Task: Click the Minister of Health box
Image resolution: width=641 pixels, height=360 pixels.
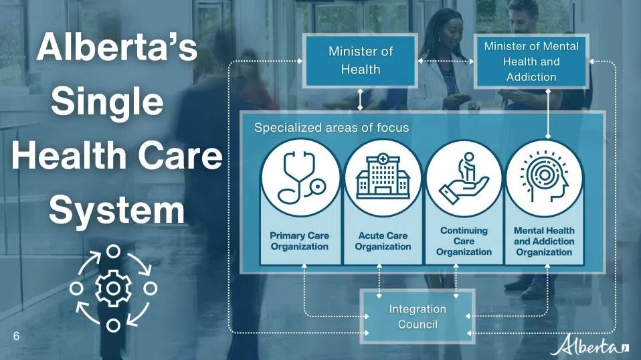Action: (x=360, y=60)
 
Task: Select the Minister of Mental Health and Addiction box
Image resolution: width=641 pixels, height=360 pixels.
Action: (x=531, y=62)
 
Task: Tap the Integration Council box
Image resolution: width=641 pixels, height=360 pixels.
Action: (x=418, y=317)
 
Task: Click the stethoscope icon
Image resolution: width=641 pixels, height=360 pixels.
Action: (x=301, y=178)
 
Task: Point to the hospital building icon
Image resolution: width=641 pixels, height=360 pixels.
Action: (x=383, y=177)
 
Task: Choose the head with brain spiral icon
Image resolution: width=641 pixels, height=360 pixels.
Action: (x=544, y=177)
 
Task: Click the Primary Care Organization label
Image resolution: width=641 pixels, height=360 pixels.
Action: (x=300, y=241)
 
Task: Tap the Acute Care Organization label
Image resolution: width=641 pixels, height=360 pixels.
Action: (x=383, y=241)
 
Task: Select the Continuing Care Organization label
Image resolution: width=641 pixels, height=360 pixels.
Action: (x=464, y=241)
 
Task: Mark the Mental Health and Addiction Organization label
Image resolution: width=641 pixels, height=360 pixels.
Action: (x=544, y=241)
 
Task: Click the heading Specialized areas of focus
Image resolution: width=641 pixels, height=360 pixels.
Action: (x=331, y=128)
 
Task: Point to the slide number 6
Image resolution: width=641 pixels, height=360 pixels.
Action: (x=16, y=336)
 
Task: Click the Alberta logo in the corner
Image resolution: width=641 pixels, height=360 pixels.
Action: (x=589, y=346)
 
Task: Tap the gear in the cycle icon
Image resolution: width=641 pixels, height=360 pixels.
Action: (x=113, y=288)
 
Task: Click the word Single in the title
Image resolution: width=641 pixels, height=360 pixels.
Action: (x=107, y=101)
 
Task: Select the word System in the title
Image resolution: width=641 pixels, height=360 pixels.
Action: (x=117, y=210)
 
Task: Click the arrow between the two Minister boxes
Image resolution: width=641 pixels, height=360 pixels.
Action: (x=446, y=62)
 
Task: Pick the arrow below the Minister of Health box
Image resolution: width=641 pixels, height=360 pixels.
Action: (x=360, y=99)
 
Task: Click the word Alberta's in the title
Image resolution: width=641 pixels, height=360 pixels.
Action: (x=117, y=48)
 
